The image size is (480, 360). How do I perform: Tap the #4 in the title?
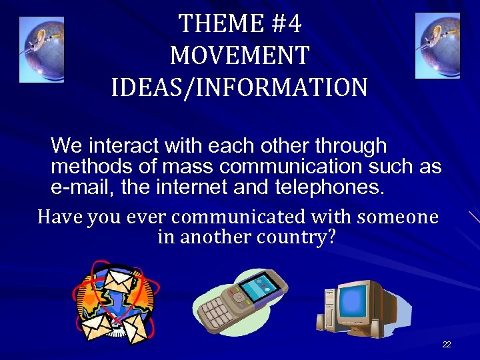tap(287, 24)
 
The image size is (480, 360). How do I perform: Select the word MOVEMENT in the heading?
tap(239, 55)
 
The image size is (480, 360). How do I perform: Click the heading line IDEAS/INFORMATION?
tap(239, 87)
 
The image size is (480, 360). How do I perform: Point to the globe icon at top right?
tap(437, 46)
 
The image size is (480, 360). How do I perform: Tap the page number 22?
tap(446, 345)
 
